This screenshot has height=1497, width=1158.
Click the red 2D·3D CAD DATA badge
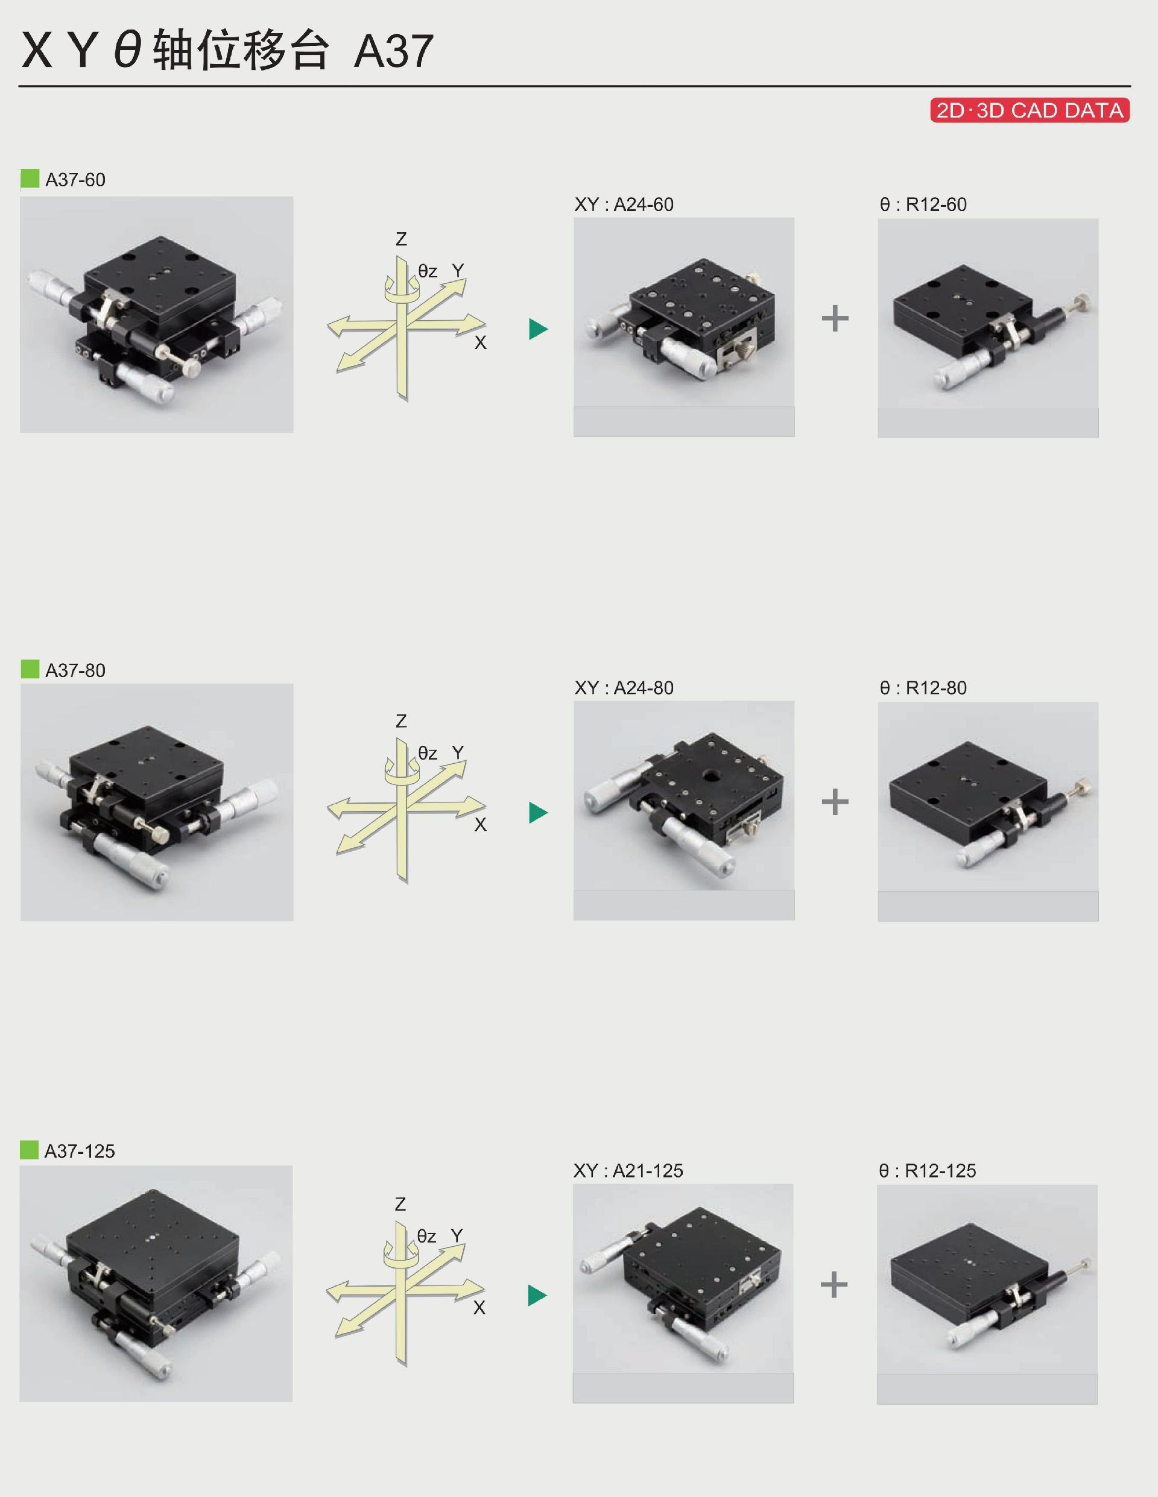click(x=1030, y=110)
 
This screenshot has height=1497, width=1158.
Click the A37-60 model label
click(x=75, y=180)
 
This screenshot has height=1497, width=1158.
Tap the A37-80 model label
click(x=75, y=670)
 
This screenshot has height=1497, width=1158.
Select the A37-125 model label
click(x=80, y=1151)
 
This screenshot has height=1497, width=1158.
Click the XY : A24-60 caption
click(x=624, y=204)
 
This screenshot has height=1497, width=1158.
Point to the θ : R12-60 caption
click(x=923, y=204)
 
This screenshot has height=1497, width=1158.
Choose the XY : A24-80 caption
click(x=624, y=687)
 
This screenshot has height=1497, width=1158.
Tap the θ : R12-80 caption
click(x=923, y=687)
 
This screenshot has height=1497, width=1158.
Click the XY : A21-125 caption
click(x=628, y=1171)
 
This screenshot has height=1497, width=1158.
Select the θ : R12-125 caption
click(x=927, y=1171)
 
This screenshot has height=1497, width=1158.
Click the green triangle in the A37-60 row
click(x=538, y=329)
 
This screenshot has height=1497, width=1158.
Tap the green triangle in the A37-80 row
click(x=538, y=812)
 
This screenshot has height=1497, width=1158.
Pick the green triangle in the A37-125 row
click(x=537, y=1296)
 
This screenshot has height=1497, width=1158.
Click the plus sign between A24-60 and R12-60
click(x=835, y=318)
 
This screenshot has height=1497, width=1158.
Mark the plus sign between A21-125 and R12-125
click(x=834, y=1285)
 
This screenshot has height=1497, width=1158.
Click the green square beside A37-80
click(x=30, y=669)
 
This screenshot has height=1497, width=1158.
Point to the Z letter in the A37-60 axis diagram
click(x=401, y=239)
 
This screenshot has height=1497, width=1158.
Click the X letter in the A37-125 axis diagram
click(x=479, y=1308)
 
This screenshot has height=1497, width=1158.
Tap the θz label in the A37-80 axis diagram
click(x=428, y=753)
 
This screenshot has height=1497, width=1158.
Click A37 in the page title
click(x=394, y=51)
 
